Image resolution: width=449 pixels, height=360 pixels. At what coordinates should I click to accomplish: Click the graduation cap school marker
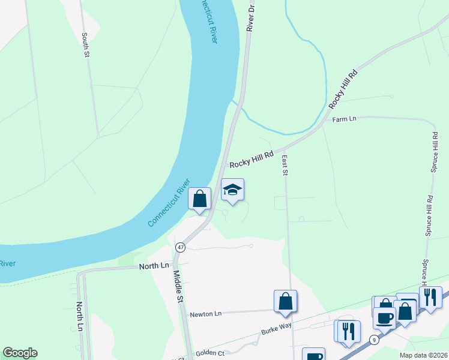(233, 191)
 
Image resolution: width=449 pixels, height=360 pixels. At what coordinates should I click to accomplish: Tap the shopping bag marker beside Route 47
(200, 199)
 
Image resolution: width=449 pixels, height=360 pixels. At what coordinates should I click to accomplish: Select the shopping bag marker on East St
(285, 301)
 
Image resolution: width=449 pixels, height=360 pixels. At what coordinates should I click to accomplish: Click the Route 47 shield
(180, 247)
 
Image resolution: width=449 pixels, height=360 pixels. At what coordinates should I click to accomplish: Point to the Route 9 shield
(374, 340)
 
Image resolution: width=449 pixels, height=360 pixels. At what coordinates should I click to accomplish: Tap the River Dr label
(252, 16)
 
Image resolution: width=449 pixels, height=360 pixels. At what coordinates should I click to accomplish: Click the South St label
(86, 45)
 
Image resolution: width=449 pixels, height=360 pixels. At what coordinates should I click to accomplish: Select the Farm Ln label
(345, 119)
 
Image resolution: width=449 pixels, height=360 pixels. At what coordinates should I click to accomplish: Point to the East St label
(285, 166)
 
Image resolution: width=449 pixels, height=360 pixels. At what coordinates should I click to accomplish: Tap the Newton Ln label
(205, 314)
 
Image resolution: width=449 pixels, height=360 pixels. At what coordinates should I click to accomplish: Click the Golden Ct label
(209, 353)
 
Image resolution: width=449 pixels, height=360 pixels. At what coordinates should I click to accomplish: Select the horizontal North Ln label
(154, 266)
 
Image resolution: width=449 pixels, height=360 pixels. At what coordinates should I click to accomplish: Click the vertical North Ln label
(80, 316)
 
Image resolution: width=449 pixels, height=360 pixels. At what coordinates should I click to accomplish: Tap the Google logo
(20, 353)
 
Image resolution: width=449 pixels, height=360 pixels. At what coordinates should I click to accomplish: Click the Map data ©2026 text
(424, 355)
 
